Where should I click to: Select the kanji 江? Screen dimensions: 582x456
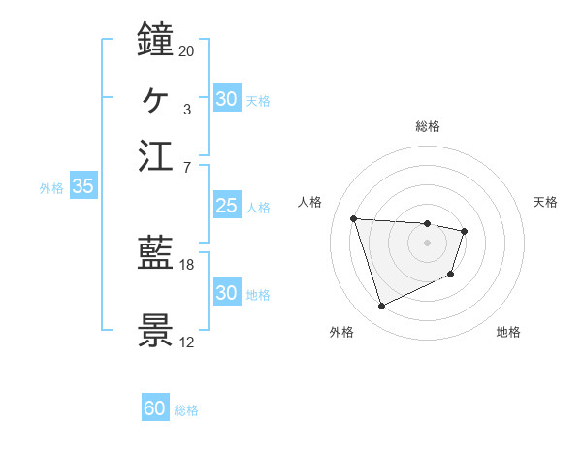[156, 156]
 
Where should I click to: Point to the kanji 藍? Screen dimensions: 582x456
[156, 254]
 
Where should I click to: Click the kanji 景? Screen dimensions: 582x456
[156, 331]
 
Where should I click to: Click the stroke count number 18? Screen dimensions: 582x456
[187, 264]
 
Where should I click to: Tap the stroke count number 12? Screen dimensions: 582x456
[187, 342]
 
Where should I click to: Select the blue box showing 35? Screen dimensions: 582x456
[82, 187]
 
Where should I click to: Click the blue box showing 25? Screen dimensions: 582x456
[226, 206]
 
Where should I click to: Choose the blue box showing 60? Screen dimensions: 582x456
[155, 408]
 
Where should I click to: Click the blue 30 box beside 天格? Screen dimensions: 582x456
[226, 99]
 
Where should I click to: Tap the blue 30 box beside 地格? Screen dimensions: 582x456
[226, 293]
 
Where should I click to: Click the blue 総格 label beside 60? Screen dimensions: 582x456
[186, 410]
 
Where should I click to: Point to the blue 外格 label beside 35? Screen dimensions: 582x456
[51, 188]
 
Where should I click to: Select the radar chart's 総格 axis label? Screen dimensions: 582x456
[427, 126]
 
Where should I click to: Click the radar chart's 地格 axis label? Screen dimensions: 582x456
[508, 332]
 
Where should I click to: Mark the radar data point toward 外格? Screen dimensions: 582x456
[381, 307]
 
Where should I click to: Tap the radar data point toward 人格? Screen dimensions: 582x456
[354, 218]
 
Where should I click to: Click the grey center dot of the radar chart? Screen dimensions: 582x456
[427, 243]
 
